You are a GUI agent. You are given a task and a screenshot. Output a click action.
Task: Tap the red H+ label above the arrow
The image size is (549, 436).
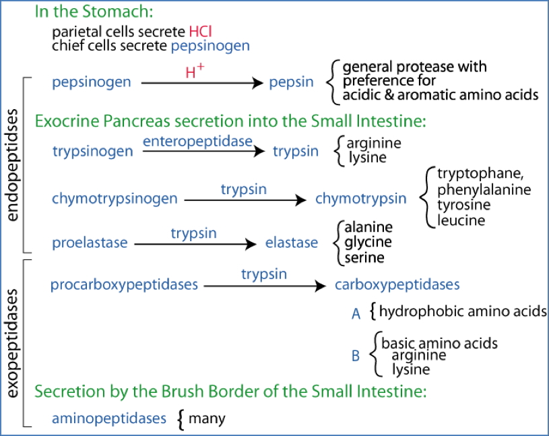tap(195, 71)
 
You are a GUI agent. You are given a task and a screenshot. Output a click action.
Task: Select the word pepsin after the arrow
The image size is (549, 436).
tap(291, 82)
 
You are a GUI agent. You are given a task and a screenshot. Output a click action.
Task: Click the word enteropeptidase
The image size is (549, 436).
tap(197, 141)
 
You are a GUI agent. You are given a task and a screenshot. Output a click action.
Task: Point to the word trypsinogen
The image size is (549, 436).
tap(92, 151)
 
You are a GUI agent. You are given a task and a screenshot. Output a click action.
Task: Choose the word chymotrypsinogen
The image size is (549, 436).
tap(115, 198)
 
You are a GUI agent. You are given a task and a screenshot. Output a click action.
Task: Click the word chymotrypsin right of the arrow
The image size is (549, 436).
tap(360, 198)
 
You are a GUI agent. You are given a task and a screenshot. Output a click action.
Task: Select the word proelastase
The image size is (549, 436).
tap(90, 243)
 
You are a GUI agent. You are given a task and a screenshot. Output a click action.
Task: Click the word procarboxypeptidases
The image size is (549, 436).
tap(124, 284)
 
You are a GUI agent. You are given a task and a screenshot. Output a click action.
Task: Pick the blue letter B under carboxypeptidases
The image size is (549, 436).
tap(356, 356)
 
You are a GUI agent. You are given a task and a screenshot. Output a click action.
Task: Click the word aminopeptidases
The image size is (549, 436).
tap(108, 418)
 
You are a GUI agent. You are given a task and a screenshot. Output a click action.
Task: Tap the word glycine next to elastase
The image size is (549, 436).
tap(368, 242)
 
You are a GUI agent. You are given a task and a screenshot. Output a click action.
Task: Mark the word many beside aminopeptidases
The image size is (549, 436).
tap(207, 418)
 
